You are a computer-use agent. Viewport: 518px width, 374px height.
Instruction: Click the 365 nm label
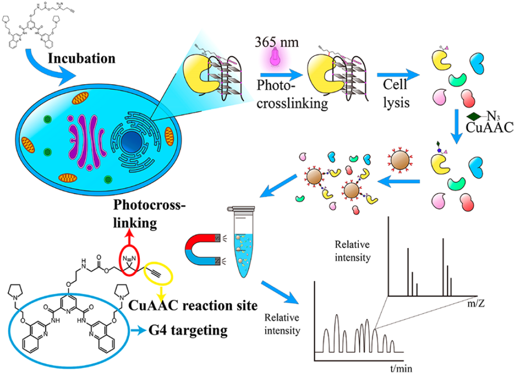pos(276,42)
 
